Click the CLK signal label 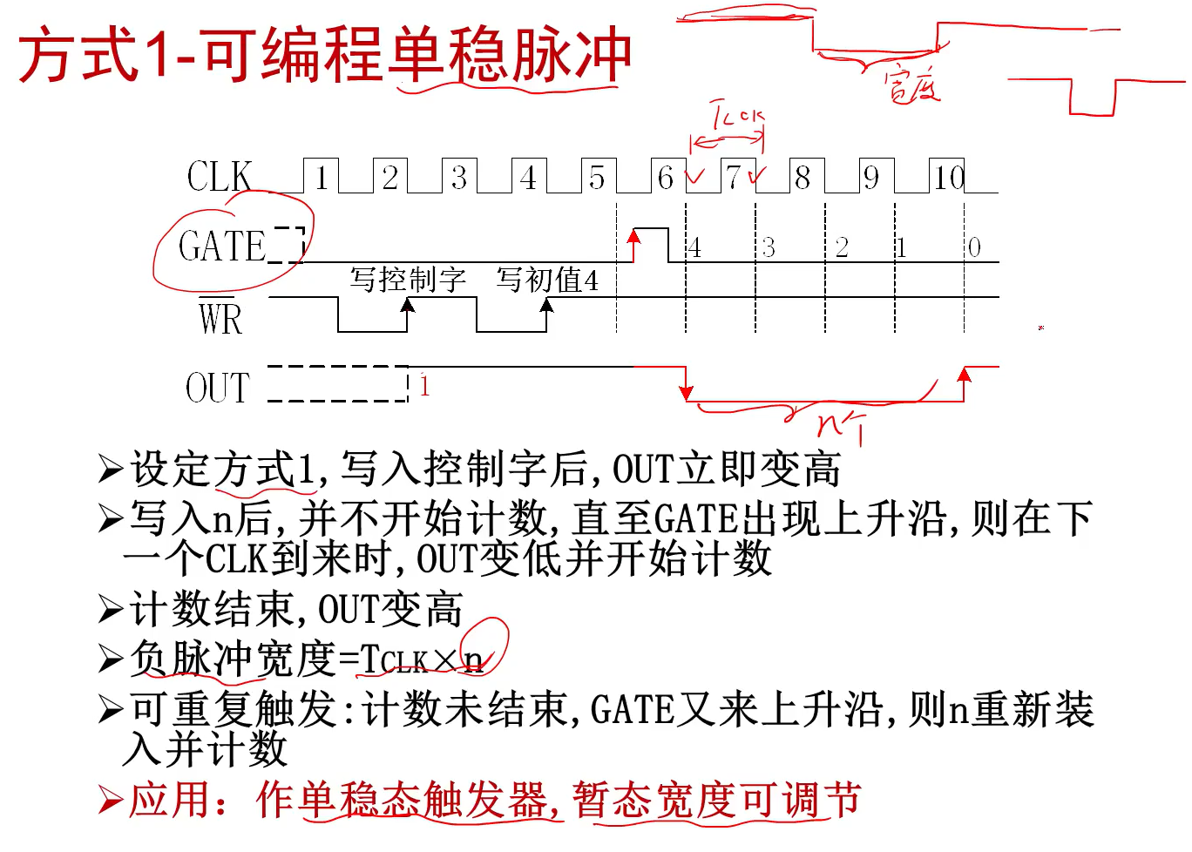point(220,177)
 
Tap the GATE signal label point(222,247)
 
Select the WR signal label point(220,318)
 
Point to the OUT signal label point(218,389)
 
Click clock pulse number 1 point(322,178)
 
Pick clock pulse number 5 point(597,178)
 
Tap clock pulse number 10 point(949,178)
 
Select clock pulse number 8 point(803,178)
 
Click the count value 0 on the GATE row point(974,248)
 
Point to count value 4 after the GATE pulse point(694,248)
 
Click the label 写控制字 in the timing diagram point(408,280)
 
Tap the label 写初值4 point(547,280)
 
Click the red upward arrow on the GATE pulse point(634,244)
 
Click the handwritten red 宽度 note point(912,85)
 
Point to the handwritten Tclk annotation point(736,116)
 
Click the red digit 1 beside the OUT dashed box point(424,385)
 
